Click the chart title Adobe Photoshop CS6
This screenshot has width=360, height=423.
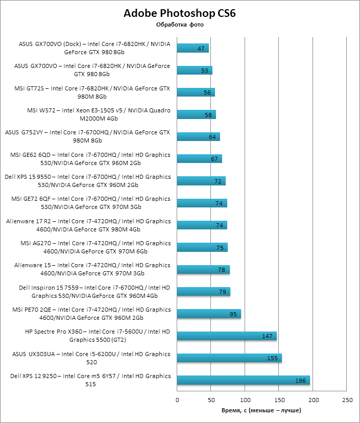tap(179, 13)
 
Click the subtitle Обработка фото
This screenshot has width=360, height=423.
tap(179, 25)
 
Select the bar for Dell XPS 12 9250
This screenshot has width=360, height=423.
tap(243, 380)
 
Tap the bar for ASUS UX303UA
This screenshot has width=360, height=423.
tap(229, 358)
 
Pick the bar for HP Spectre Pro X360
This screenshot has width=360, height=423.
tap(227, 336)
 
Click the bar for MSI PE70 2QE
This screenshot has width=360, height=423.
tap(209, 314)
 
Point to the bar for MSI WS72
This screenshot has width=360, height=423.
tap(197, 114)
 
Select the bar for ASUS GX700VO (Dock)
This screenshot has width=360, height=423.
tap(193, 48)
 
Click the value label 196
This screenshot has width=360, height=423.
tap(301, 381)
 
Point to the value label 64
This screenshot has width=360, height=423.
tap(212, 137)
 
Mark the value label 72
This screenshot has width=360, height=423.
tap(218, 181)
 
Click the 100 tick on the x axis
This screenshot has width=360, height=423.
tap(245, 400)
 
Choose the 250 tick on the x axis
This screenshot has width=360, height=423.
tap(347, 400)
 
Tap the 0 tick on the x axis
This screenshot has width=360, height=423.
tap(177, 400)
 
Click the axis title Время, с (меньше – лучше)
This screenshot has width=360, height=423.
tap(261, 410)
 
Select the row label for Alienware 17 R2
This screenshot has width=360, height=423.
tap(88, 225)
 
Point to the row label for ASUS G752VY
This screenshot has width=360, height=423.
tap(87, 136)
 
